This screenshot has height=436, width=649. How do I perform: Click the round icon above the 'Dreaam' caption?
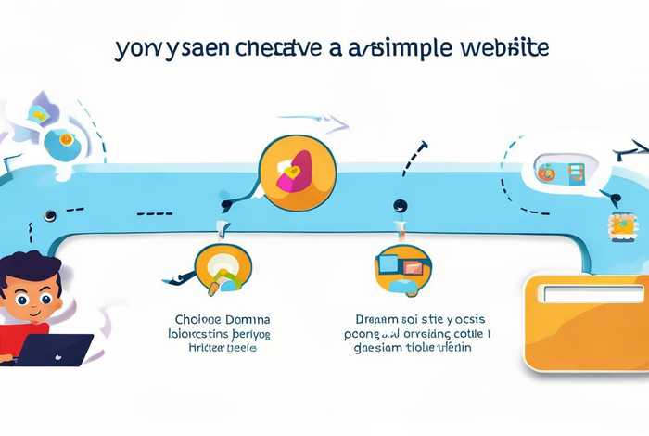tap(401, 270)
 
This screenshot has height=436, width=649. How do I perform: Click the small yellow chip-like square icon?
tap(623, 224)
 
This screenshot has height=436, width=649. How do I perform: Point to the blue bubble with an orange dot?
tap(62, 140)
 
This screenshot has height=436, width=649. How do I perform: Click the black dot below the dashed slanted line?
tap(399, 205)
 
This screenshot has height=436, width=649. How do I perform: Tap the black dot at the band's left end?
tap(49, 215)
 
